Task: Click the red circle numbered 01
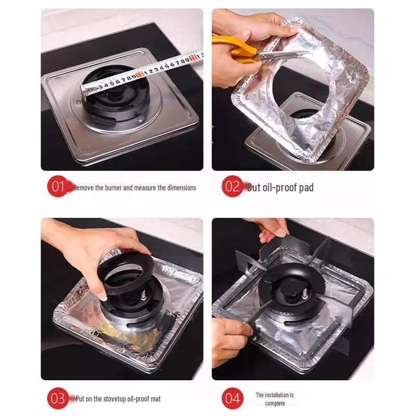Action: pyautogui.click(x=58, y=187)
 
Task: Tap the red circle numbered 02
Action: pyautogui.click(x=232, y=187)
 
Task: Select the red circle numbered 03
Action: pyautogui.click(x=58, y=398)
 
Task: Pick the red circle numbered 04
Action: pyautogui.click(x=232, y=398)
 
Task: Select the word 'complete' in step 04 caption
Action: pyautogui.click(x=275, y=403)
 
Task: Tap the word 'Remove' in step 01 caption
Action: pyautogui.click(x=84, y=188)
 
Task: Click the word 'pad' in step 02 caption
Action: pyautogui.click(x=306, y=188)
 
